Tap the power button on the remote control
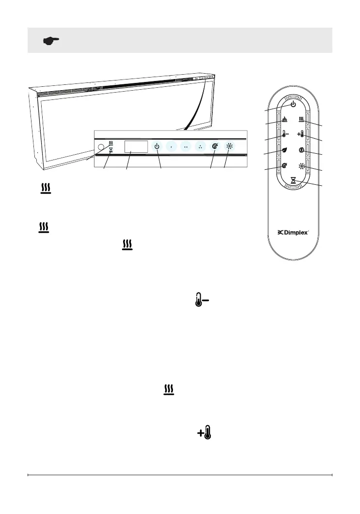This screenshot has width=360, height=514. coord(294,105)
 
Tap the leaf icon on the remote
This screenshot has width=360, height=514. coord(285,151)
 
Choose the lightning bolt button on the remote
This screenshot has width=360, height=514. coord(301,151)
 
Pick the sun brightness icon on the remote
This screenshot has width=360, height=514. coord(301,166)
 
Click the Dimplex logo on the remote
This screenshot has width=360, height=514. coord(293,231)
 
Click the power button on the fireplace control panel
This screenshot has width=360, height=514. coord(156,146)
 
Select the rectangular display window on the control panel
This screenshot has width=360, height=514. coord(136,146)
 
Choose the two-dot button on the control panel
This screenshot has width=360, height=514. coord(186,146)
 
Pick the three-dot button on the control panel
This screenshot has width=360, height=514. coord(200,146)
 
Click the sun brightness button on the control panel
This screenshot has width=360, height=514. coord(229,146)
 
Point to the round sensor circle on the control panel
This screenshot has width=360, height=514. coord(101,146)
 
